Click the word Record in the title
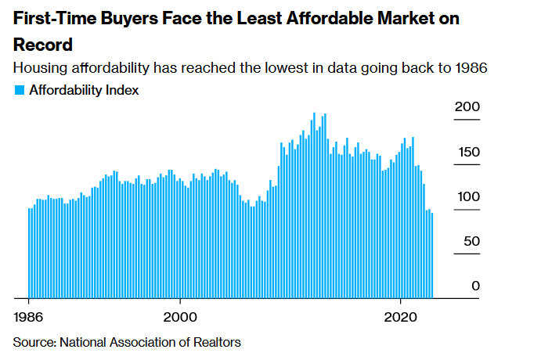pos(43,45)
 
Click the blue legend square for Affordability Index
pos(20,91)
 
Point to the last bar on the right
pos(431,255)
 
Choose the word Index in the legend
pos(123,91)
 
